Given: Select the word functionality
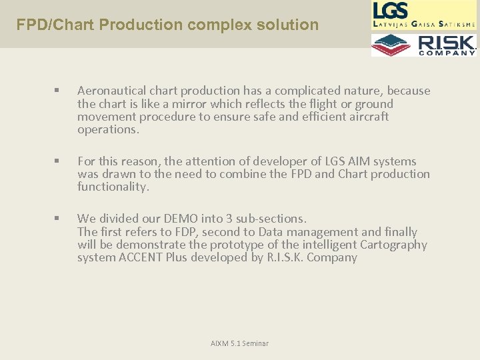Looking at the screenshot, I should click(113, 187).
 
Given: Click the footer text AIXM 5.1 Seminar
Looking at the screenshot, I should click(239, 343).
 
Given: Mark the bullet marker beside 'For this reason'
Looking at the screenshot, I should click(58, 161).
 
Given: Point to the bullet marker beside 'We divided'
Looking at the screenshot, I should click(58, 219).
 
